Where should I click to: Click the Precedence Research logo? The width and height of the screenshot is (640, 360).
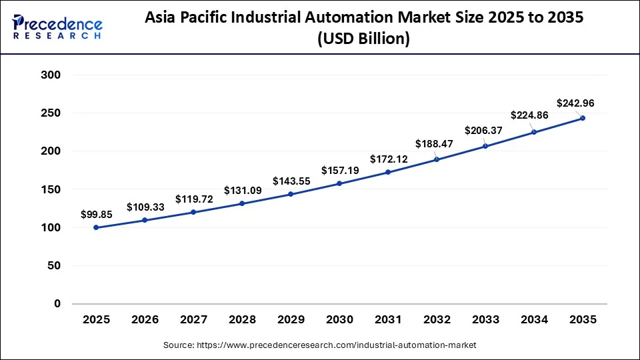(57, 27)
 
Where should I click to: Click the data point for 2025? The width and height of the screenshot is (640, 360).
(96, 227)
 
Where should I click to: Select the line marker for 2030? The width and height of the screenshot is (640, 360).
(339, 183)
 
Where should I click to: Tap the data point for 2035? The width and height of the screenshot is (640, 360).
(583, 118)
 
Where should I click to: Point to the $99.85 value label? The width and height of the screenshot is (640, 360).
(96, 214)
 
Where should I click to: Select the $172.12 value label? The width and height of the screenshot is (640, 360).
(388, 159)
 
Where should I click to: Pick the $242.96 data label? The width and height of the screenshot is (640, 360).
(575, 103)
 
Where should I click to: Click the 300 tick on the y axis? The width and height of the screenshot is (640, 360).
(51, 75)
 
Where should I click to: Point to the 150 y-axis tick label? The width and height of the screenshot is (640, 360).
(51, 189)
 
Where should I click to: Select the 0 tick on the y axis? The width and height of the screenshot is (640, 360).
(57, 304)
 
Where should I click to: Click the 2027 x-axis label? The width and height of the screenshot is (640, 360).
(193, 320)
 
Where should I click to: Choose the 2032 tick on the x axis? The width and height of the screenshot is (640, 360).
(437, 320)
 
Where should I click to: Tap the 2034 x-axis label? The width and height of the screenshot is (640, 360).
(534, 320)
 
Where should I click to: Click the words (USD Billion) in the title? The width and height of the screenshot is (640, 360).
(363, 39)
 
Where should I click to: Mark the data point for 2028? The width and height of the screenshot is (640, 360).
(242, 203)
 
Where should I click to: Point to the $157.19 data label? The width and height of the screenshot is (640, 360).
(339, 170)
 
